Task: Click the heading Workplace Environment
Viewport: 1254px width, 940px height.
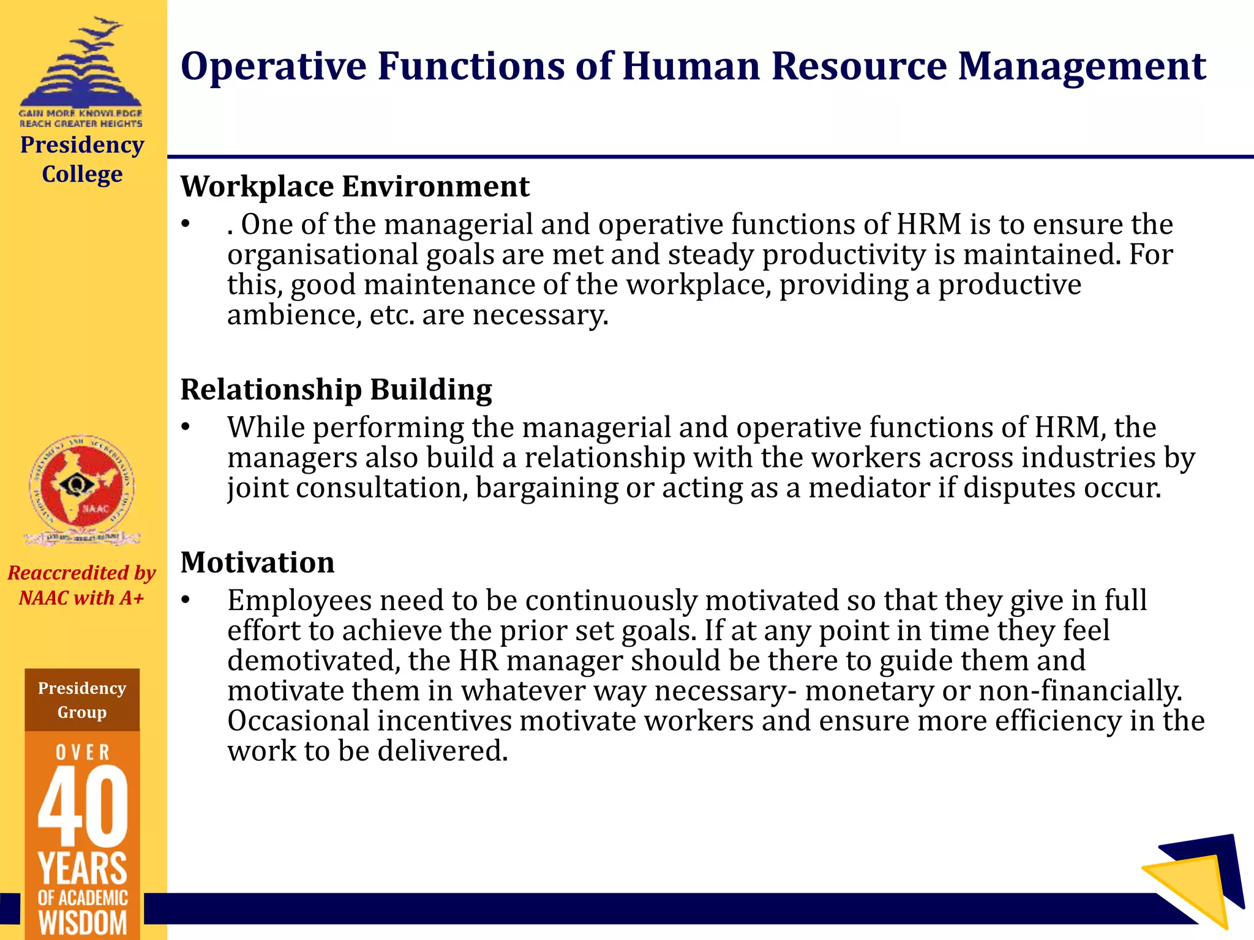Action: click(x=355, y=187)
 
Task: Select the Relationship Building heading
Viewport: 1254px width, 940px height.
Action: click(x=336, y=390)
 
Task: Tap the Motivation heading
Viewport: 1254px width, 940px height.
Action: click(x=257, y=562)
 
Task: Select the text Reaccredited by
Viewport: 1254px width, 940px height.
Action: click(x=81, y=573)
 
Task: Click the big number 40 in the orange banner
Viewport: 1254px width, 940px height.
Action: click(x=82, y=805)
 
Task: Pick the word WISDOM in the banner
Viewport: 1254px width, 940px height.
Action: click(x=82, y=923)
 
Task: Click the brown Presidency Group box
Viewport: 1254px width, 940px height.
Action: click(x=82, y=700)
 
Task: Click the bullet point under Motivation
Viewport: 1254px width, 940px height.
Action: click(x=186, y=600)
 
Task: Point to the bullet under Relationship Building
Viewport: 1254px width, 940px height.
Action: click(x=186, y=428)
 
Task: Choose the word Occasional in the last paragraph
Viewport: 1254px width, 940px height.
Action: click(x=298, y=721)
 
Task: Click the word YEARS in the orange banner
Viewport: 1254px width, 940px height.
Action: click(x=82, y=868)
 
